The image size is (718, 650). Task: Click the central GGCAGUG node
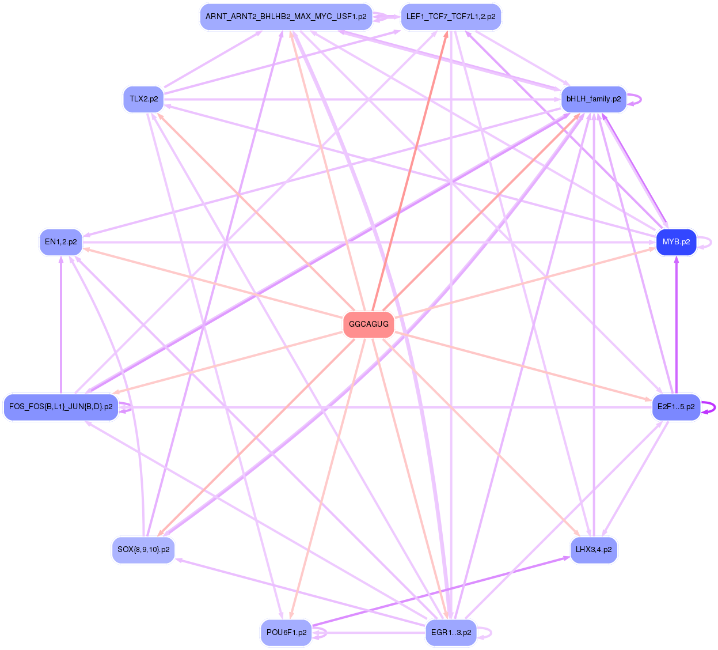(369, 324)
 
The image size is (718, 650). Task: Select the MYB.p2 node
(676, 242)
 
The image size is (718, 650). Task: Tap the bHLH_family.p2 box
(594, 99)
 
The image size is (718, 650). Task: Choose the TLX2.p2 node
(143, 99)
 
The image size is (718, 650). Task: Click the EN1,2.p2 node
(60, 242)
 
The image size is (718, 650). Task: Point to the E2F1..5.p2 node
(676, 407)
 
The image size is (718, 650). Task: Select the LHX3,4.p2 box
(594, 550)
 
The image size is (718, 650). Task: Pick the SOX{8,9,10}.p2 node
(143, 550)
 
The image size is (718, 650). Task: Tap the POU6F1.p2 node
(286, 633)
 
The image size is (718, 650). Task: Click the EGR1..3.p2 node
(451, 633)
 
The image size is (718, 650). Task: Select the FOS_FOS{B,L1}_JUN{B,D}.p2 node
(60, 407)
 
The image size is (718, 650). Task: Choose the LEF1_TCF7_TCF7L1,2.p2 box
(451, 17)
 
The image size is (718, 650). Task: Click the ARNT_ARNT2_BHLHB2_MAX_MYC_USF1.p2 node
(286, 17)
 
